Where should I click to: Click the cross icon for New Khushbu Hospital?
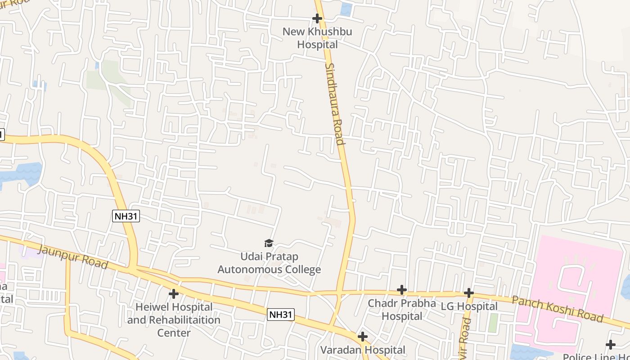tap(317, 18)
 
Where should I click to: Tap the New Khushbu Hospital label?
tap(317, 38)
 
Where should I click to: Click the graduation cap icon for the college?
tap(269, 243)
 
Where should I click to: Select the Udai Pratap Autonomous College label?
tap(269, 263)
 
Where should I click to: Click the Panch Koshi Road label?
tap(558, 309)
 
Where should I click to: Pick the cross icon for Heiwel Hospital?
tap(174, 294)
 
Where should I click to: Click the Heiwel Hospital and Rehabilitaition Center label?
tap(174, 320)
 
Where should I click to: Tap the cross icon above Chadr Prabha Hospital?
tap(402, 290)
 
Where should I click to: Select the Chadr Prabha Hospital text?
tap(402, 310)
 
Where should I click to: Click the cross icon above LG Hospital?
tap(468, 293)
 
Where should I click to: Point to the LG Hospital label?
tap(469, 306)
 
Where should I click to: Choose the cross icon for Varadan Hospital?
tap(362, 337)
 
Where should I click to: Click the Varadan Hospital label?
tap(363, 350)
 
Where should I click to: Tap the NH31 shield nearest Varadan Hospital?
tap(281, 314)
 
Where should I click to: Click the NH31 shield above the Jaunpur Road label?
tap(126, 216)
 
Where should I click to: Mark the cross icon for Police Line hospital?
tap(610, 345)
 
